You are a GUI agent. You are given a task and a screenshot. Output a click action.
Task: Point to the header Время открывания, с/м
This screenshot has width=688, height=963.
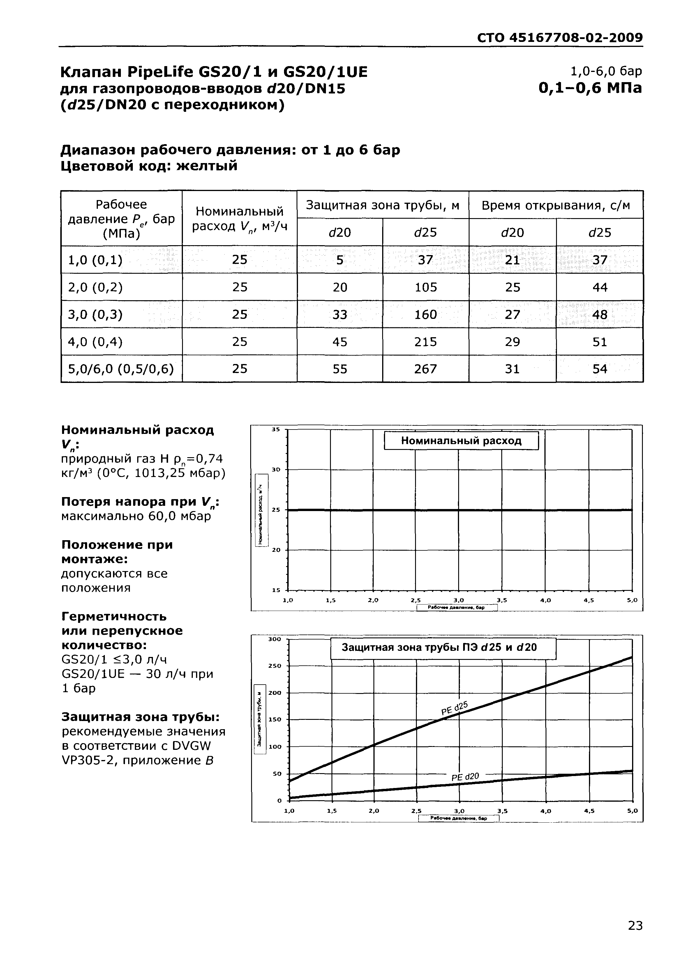coord(555,205)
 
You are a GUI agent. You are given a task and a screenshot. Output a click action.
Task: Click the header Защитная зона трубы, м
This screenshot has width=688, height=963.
coord(382,205)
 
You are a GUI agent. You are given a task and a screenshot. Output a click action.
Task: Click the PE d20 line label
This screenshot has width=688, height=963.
coord(465,777)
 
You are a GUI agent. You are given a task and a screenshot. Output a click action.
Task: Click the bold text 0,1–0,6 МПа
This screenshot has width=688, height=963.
coord(590,88)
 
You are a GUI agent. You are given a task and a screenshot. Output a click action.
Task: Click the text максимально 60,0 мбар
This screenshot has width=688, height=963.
coord(136,516)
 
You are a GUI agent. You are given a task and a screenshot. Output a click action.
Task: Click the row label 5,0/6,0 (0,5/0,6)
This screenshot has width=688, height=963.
coord(121,369)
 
